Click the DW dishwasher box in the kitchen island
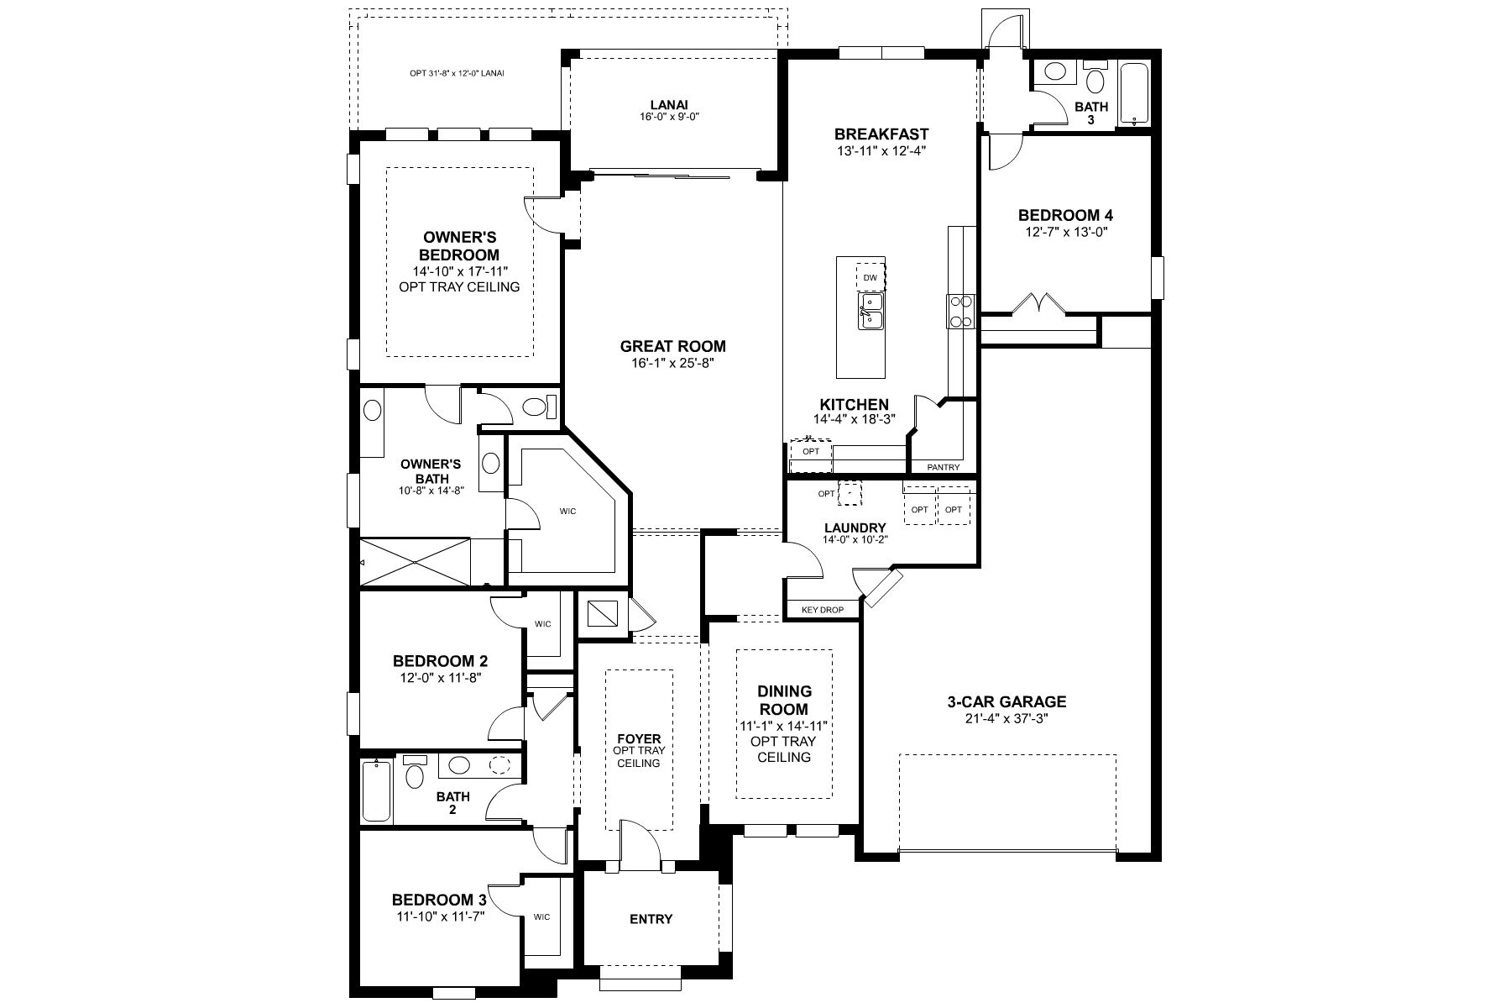pyautogui.click(x=871, y=277)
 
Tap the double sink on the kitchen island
pyautogui.click(x=871, y=310)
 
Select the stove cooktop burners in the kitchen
pyautogui.click(x=960, y=311)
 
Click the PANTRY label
pyautogui.click(x=943, y=467)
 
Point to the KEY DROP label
pyautogui.click(x=823, y=610)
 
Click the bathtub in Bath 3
pyautogui.click(x=1133, y=94)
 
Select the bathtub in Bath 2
pyautogui.click(x=376, y=790)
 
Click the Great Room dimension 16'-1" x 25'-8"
pyautogui.click(x=672, y=364)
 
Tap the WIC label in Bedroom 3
pyautogui.click(x=541, y=916)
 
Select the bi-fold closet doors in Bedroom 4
pyautogui.click(x=1040, y=303)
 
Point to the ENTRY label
pyautogui.click(x=651, y=919)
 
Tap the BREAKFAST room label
pyautogui.click(x=881, y=134)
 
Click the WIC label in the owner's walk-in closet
pyautogui.click(x=568, y=510)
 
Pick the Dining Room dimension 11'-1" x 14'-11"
pyautogui.click(x=784, y=726)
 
